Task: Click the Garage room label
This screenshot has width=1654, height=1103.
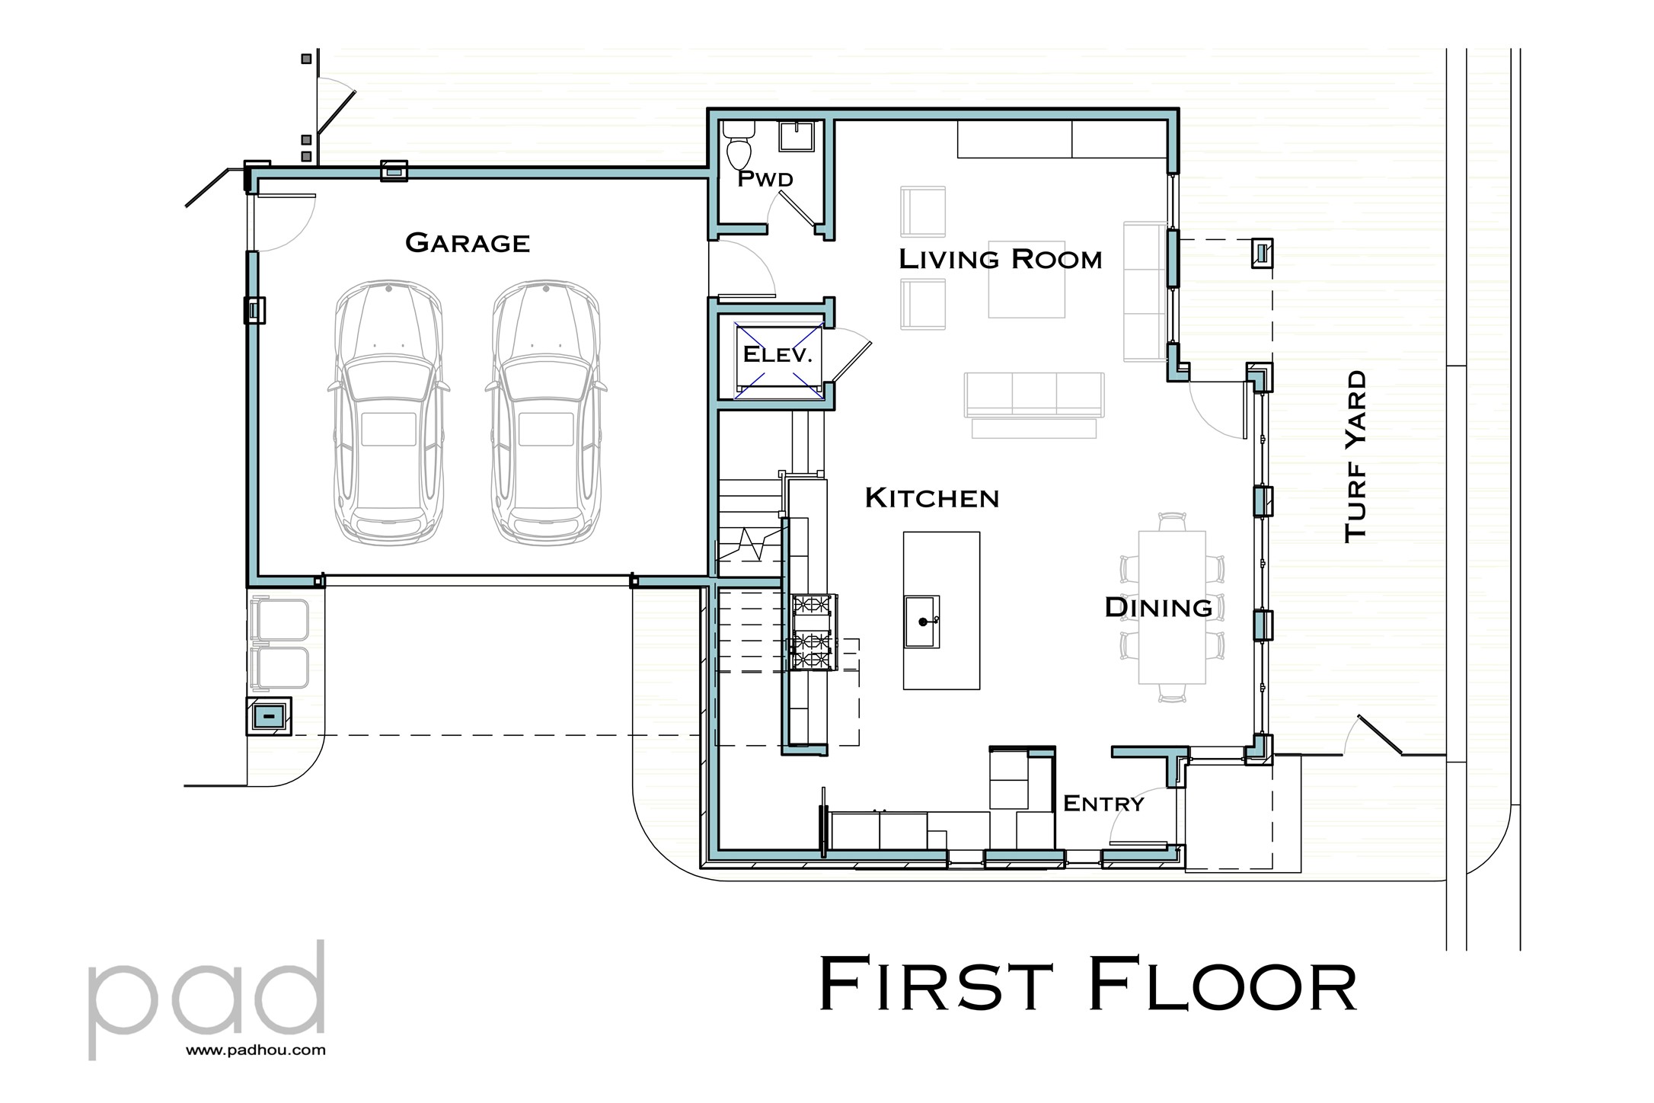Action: [468, 243]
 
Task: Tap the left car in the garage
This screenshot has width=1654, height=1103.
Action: [388, 412]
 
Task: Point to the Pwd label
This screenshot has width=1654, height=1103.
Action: [765, 180]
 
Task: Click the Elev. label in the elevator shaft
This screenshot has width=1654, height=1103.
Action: [778, 354]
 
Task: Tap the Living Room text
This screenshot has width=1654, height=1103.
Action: [1000, 260]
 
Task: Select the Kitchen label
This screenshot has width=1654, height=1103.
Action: [931, 498]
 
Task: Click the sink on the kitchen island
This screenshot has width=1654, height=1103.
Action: [922, 622]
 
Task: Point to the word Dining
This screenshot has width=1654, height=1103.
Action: [1157, 608]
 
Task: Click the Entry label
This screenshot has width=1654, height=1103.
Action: [1103, 804]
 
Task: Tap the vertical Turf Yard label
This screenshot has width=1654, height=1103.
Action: [1355, 457]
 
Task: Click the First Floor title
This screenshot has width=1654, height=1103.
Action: [1087, 986]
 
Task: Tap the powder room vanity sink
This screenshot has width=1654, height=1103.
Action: [797, 137]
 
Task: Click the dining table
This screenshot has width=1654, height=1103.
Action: [1172, 607]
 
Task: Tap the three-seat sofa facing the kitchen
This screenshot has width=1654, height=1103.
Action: [1033, 395]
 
